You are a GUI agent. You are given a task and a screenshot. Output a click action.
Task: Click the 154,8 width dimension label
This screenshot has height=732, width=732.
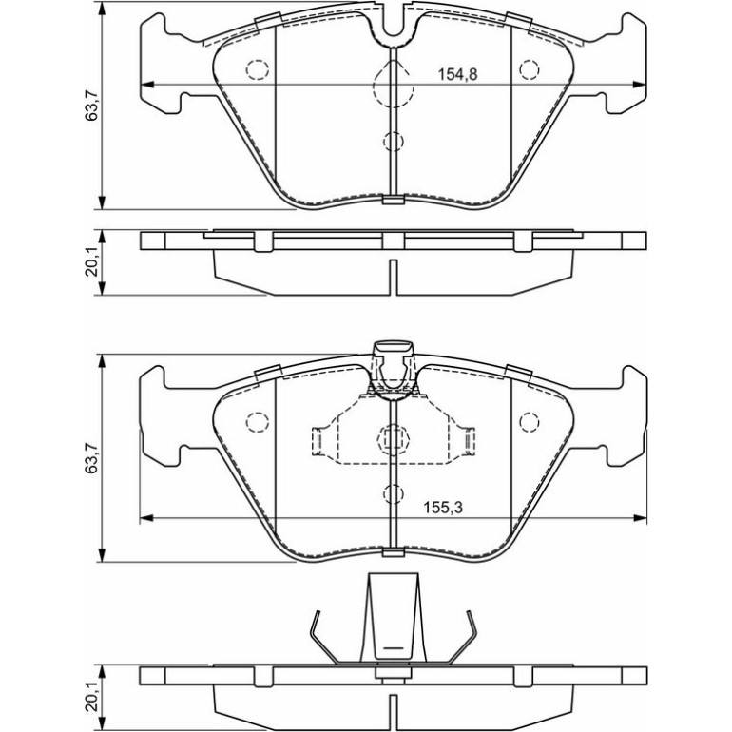pos(457,74)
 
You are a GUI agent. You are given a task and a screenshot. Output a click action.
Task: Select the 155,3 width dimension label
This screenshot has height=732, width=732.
pos(443,508)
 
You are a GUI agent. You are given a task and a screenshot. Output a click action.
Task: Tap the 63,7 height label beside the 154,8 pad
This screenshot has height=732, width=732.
pos(91,106)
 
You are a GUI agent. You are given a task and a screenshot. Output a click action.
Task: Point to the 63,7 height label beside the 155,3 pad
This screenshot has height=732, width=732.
pos(91,458)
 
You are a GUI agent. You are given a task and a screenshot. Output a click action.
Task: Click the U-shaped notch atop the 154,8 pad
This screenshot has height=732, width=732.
pos(393,29)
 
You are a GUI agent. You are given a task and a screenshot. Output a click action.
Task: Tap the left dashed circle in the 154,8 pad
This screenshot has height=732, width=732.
pos(258,70)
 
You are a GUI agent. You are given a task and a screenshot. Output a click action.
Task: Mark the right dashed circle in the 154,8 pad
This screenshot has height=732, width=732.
pos(530,70)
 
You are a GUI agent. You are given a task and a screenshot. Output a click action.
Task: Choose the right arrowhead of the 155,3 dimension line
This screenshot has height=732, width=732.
pos(640,518)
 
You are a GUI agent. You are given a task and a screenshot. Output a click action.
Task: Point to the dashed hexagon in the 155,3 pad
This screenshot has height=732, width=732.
pos(393,439)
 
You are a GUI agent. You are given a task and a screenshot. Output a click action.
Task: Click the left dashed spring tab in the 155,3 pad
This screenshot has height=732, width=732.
pos(318,440)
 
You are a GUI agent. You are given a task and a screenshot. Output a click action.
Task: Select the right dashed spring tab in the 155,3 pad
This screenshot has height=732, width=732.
pos(469,440)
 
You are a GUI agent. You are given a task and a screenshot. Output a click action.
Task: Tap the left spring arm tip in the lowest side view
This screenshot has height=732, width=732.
pos(318,612)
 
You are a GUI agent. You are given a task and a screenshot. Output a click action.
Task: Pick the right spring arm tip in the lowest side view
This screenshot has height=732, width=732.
pos(469,612)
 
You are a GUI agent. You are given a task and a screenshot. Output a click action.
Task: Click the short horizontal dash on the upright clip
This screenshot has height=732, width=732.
pos(393,648)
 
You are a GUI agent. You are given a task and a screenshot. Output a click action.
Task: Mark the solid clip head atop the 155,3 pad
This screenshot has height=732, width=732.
pos(393,348)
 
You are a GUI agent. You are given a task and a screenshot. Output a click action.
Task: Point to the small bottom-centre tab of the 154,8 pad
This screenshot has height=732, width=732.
pos(393,200)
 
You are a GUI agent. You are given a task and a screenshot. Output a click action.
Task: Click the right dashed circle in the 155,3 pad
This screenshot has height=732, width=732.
pos(530,422)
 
